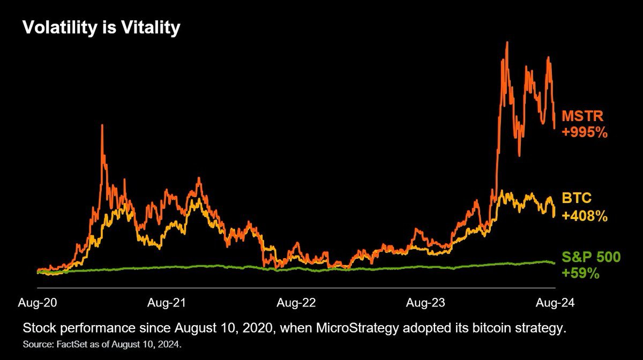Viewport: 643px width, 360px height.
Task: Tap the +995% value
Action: pos(584,132)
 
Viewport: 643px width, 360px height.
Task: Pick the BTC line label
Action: pos(576,199)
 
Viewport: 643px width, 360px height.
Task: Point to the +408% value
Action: pos(584,216)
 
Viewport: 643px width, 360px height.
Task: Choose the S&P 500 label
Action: pos(590,257)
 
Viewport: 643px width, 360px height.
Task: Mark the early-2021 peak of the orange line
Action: pos(102,126)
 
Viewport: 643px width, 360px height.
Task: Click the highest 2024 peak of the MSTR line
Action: pos(506,43)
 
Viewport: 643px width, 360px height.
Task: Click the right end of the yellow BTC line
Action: pos(554,215)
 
